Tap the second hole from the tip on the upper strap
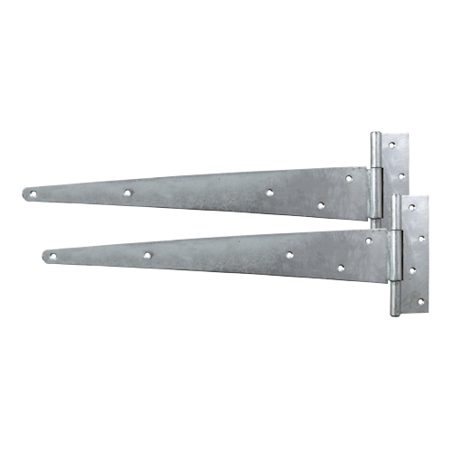(x=128, y=193)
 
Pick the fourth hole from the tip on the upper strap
(x=320, y=205)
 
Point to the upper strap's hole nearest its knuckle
(x=349, y=178)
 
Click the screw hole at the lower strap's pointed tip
(x=52, y=257)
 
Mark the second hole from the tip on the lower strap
(x=147, y=256)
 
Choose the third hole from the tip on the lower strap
(x=290, y=255)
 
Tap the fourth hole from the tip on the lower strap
(x=340, y=268)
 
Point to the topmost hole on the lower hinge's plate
(x=411, y=207)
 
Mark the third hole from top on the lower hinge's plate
(x=411, y=269)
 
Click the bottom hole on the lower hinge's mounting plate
(x=419, y=301)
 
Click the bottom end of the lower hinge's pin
(x=395, y=313)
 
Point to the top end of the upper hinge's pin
(x=375, y=136)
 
